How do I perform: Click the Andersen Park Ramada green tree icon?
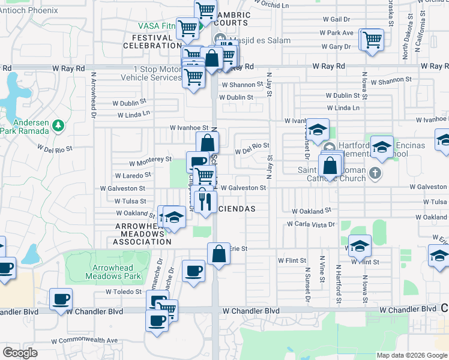pos(58,125)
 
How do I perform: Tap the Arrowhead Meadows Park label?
pos(118,271)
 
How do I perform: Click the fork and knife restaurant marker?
pos(205,200)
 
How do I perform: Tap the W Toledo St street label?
pos(124,292)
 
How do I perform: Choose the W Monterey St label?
pos(151,160)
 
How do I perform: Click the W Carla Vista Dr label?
pos(309,224)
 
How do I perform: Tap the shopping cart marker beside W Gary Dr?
pos(372,40)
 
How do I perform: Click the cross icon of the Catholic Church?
pos(375,173)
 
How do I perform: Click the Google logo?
pos(20,352)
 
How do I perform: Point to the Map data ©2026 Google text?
pos(411,355)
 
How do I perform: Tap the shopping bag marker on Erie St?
pos(219,253)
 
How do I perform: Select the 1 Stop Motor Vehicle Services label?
pos(151,73)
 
